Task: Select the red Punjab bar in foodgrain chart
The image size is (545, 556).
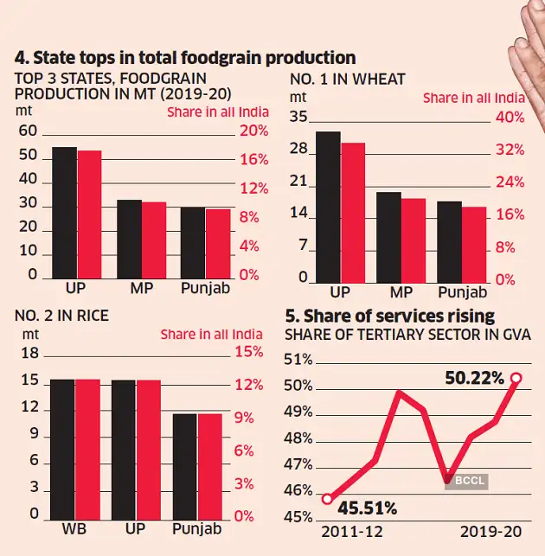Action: point(218,243)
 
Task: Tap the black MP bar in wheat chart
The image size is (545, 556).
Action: point(388,237)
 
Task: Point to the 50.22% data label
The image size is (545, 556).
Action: point(474,378)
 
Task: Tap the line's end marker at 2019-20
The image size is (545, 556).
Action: point(516,378)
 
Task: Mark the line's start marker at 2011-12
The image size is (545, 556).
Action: point(327,499)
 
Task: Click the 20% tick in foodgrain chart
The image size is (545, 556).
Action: point(254,131)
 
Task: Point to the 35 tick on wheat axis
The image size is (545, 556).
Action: point(298,118)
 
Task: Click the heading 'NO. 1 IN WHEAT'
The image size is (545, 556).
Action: point(347,80)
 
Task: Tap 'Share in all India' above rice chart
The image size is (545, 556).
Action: point(211,334)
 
